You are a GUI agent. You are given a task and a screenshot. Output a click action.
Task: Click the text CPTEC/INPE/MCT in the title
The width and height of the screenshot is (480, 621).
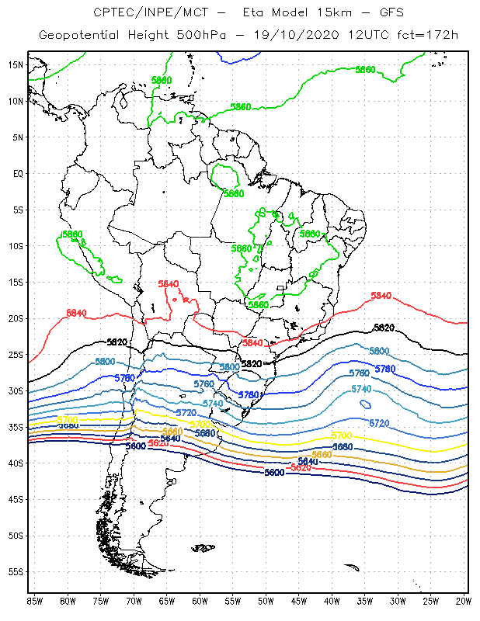tap(144, 12)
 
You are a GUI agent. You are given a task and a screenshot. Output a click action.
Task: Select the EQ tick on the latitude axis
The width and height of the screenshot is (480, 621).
tap(18, 173)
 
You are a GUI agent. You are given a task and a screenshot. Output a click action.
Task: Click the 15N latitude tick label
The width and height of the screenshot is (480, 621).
tap(16, 64)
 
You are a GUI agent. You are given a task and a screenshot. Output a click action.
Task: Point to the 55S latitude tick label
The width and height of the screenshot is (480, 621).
tap(16, 571)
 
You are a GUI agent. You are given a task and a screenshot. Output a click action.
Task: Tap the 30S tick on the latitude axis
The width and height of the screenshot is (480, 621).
tap(16, 390)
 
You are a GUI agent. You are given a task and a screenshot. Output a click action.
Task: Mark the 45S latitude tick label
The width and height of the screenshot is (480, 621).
tap(16, 499)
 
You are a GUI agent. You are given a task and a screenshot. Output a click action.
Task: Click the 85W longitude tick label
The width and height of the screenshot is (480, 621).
tap(34, 600)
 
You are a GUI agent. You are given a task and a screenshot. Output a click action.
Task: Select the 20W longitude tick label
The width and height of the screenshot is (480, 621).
tap(464, 600)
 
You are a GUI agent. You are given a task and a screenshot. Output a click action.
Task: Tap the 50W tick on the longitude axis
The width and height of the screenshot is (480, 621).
tap(266, 600)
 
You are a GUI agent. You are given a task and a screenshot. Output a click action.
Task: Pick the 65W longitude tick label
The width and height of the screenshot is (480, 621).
tap(166, 600)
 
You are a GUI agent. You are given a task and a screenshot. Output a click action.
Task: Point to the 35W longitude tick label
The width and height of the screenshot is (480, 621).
tap(365, 600)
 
